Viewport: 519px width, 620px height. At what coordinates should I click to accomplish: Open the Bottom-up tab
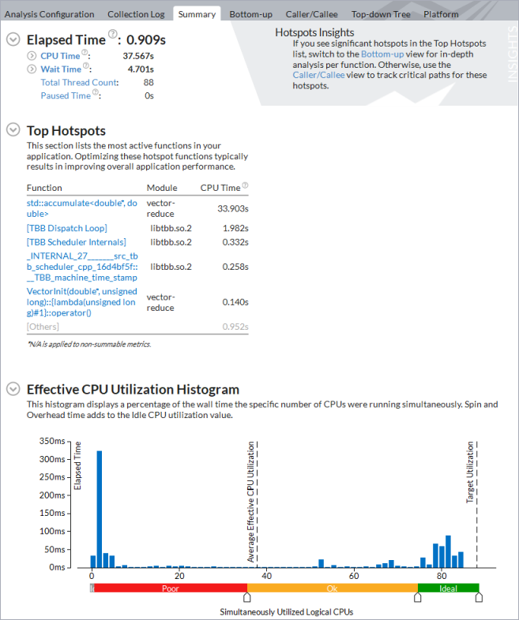251,14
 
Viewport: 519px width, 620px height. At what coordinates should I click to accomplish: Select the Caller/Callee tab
312,14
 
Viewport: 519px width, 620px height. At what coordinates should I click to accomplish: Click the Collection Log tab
136,14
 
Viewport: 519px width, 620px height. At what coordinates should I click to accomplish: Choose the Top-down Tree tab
381,14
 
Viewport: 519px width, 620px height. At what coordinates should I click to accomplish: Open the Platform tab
441,14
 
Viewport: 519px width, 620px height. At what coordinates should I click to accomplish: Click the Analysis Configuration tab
50,14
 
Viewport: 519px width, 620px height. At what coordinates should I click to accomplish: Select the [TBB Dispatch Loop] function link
67,228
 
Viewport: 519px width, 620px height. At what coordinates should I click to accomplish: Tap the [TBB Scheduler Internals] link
77,242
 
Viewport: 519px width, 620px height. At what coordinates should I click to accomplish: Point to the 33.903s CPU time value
233,208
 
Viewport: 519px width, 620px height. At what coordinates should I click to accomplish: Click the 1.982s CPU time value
235,228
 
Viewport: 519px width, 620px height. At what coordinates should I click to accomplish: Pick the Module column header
162,188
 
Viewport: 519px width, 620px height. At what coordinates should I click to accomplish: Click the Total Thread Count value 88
149,82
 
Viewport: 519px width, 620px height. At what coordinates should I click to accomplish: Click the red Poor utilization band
170,588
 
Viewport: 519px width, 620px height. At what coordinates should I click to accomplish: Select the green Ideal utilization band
448,588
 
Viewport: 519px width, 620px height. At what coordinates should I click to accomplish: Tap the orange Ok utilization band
333,588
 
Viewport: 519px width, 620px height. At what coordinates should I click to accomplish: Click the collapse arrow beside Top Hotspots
13,130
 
